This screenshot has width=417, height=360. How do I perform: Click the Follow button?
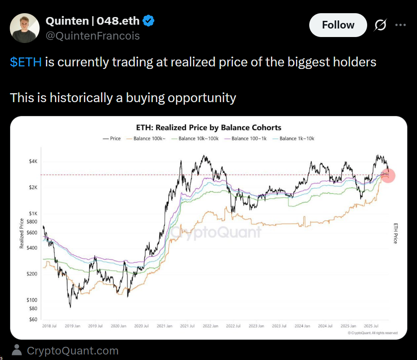click(x=338, y=25)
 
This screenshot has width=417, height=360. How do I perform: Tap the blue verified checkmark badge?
click(x=148, y=20)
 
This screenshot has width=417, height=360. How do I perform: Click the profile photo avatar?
click(x=25, y=28)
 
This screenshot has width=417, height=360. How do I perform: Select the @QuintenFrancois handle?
click(x=92, y=36)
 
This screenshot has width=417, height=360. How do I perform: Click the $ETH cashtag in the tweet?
click(x=26, y=62)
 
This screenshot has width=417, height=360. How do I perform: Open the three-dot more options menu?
click(x=400, y=25)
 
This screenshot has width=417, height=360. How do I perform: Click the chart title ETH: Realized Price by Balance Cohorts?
click(x=209, y=128)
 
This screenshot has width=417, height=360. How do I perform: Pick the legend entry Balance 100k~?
click(x=147, y=139)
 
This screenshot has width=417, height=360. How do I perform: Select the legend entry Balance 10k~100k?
click(x=198, y=139)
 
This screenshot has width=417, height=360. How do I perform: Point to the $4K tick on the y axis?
click(x=33, y=162)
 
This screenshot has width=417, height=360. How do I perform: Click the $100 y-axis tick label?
click(x=32, y=300)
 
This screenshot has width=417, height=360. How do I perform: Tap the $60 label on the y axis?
click(x=33, y=320)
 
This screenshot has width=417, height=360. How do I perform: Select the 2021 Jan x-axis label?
click(x=164, y=326)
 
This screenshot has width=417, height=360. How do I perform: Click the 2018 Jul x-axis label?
click(x=49, y=326)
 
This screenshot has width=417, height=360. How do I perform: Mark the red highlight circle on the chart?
click(x=388, y=175)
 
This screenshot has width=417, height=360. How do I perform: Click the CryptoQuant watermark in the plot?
click(x=216, y=232)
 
